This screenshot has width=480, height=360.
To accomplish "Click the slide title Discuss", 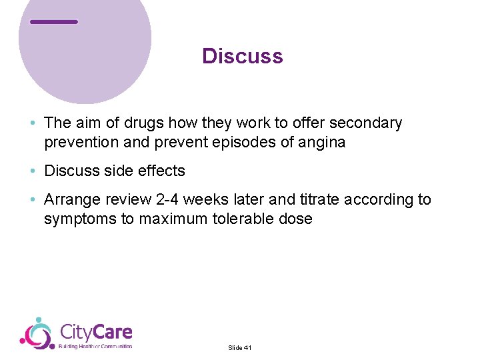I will click(243, 56).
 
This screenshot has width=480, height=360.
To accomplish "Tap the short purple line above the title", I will click(54, 22).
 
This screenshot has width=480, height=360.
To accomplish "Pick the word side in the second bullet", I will click(117, 171).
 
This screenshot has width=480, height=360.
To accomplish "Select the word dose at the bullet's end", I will click(296, 219).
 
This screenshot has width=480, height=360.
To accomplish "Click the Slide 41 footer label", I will click(239, 347).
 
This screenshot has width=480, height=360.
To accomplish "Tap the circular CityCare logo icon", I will click(37, 333).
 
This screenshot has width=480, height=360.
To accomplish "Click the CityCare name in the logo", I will click(96, 331).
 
